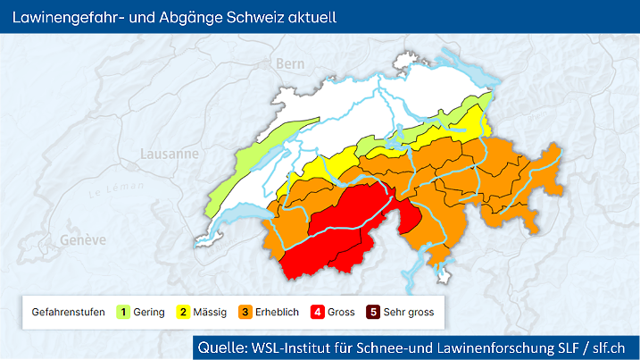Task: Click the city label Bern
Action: (290, 63)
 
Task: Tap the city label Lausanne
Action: (169, 153)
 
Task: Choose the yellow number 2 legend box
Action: (184, 312)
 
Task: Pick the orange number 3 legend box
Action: (244, 312)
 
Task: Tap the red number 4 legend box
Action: (317, 312)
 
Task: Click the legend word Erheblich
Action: (277, 312)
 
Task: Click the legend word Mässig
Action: (212, 312)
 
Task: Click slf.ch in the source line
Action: (614, 347)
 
